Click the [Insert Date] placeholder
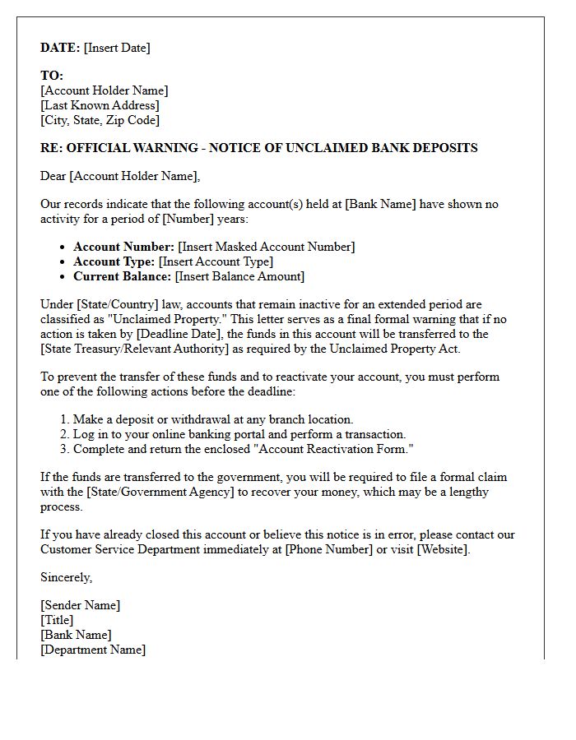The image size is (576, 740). pos(117,48)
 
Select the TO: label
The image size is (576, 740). pos(52,76)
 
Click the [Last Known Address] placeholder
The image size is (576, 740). pos(100,105)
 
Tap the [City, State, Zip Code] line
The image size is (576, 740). pos(100,120)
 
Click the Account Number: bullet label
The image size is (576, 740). pos(123,247)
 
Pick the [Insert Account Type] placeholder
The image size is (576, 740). pos(215,261)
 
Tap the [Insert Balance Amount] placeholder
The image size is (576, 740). pos(239,276)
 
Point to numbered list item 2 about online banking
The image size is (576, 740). pos(239,434)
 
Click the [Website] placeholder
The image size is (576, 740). pos(444,549)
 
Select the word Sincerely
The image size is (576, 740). pos(66,577)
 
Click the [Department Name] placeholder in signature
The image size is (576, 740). pos(93,650)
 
